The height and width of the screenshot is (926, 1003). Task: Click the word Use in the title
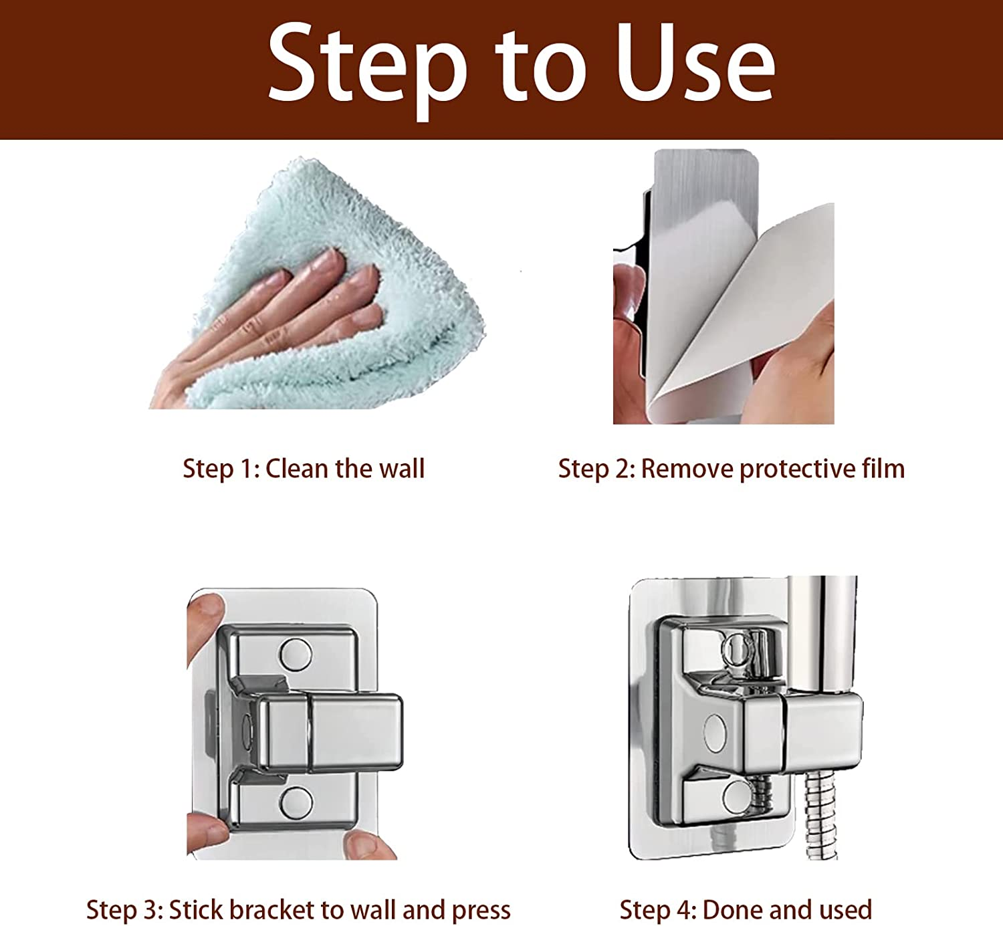[695, 63]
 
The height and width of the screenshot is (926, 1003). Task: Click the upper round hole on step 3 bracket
[296, 655]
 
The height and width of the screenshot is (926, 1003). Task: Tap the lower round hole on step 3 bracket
[296, 803]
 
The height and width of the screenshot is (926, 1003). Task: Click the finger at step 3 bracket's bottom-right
[368, 846]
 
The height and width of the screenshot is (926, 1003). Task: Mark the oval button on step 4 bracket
[715, 732]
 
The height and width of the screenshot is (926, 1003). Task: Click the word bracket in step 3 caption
[272, 910]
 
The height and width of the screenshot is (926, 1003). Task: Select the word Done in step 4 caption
[732, 910]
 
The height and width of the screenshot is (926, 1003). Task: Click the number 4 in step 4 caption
[684, 910]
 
